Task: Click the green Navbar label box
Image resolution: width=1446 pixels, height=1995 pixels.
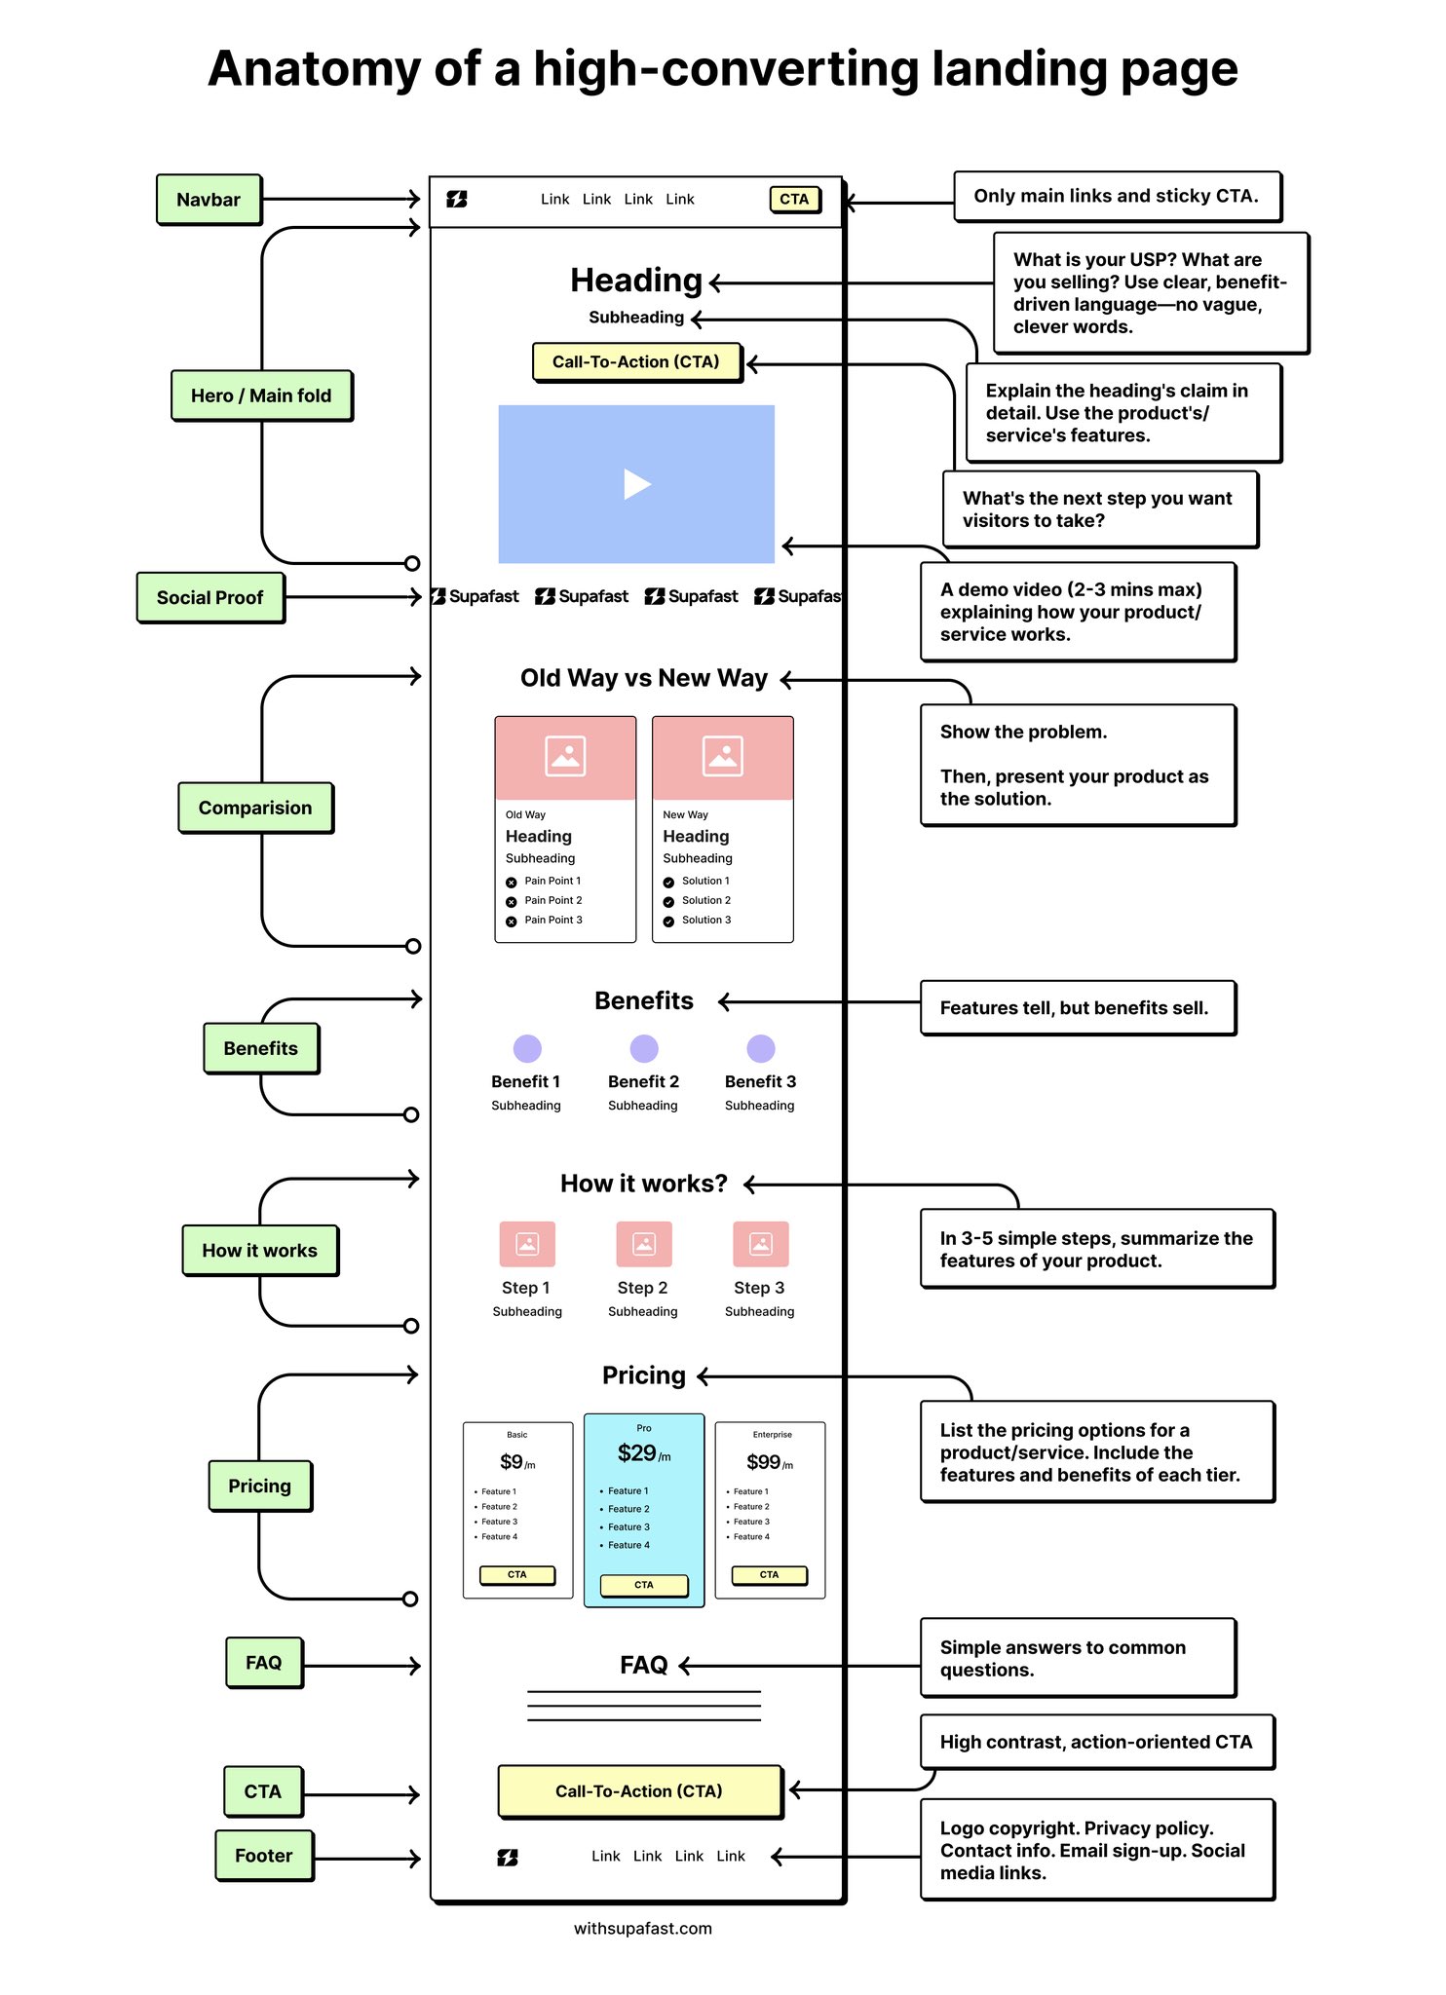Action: pyautogui.click(x=209, y=200)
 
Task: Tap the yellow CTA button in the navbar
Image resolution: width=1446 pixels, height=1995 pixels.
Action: pyautogui.click(x=794, y=199)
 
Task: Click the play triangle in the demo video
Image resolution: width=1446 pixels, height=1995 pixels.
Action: pyautogui.click(x=636, y=484)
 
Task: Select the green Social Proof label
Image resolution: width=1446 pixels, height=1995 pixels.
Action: pyautogui.click(x=210, y=597)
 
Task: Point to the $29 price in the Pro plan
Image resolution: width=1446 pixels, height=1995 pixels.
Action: pyautogui.click(x=637, y=1453)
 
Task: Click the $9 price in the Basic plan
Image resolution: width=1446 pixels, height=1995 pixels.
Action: pyautogui.click(x=512, y=1462)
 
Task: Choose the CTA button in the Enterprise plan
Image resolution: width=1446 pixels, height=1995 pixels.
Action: pyautogui.click(x=770, y=1574)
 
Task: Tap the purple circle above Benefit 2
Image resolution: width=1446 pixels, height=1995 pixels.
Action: pyautogui.click(x=644, y=1048)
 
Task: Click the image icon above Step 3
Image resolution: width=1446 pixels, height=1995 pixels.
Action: pyautogui.click(x=761, y=1244)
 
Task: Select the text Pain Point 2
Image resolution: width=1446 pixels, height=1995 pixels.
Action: pyautogui.click(x=552, y=900)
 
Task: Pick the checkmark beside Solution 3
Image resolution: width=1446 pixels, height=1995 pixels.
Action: pyautogui.click(x=668, y=922)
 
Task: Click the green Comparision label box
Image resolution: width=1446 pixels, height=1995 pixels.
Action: pyautogui.click(x=255, y=808)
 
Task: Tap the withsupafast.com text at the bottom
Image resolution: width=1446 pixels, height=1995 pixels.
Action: pyautogui.click(x=642, y=1929)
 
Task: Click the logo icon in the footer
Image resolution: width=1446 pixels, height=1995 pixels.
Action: pyautogui.click(x=508, y=1858)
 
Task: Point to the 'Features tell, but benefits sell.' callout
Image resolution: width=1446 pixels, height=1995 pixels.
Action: pyautogui.click(x=1077, y=1008)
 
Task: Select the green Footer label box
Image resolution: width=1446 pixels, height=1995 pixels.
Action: pyautogui.click(x=264, y=1856)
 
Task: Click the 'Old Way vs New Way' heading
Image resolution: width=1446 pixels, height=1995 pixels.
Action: pyautogui.click(x=644, y=678)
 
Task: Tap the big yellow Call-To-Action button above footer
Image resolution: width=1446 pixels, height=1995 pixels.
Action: pyautogui.click(x=639, y=1791)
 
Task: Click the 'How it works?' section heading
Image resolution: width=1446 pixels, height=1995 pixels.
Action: pyautogui.click(x=644, y=1184)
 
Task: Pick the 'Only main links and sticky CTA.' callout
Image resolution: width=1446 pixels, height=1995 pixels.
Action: pyautogui.click(x=1117, y=196)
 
